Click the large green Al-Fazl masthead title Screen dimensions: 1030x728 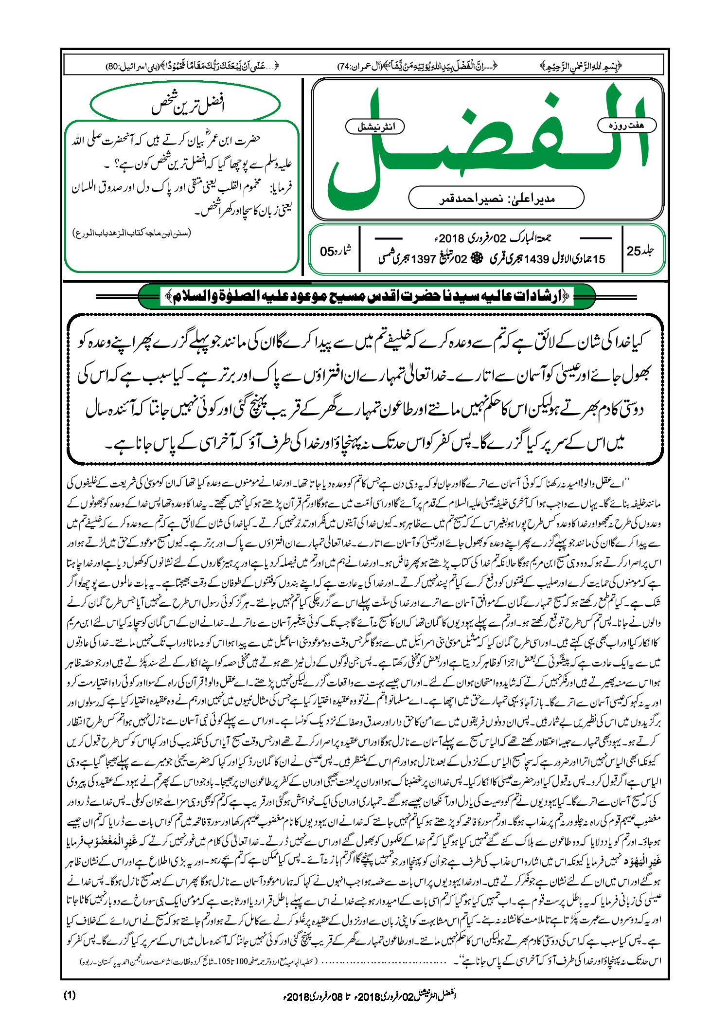(486, 146)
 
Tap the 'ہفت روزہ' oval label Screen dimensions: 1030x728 (626, 125)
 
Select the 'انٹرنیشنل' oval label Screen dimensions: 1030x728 (374, 126)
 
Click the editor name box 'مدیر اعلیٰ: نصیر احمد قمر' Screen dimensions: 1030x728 (496, 199)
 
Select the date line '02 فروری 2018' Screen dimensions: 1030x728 (491, 238)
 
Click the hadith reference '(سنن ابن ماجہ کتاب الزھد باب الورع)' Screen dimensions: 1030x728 (132, 233)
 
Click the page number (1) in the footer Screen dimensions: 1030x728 (70, 995)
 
